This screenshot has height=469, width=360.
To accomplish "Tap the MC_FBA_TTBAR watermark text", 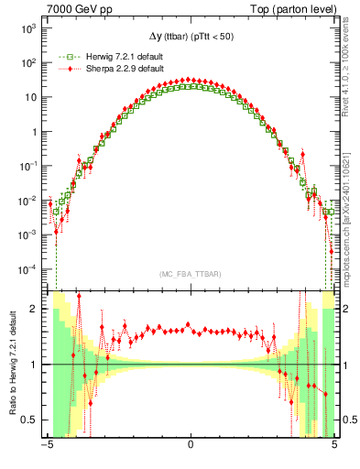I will [190, 275].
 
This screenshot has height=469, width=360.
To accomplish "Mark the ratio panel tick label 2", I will [37, 310].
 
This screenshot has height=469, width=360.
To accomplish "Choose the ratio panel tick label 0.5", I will [32, 420].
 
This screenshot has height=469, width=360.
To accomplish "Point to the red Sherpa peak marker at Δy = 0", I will [190, 80].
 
